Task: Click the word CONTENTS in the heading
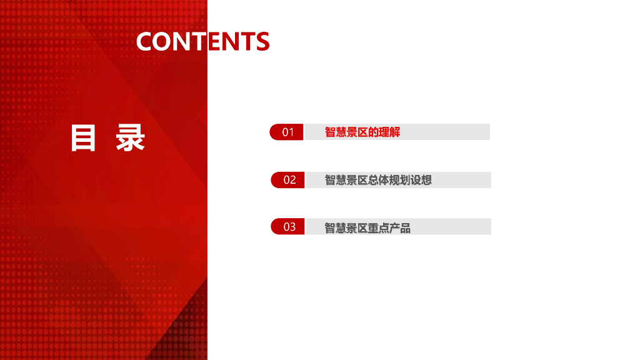point(203,41)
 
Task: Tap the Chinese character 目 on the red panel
point(83,138)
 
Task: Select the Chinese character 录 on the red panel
point(130,138)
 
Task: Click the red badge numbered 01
point(286,132)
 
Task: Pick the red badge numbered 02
point(287,180)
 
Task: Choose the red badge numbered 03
point(287,226)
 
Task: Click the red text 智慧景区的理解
point(362,132)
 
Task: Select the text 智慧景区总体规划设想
point(378,180)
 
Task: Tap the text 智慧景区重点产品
point(367,228)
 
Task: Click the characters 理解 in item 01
point(389,132)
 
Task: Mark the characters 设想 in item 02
point(421,180)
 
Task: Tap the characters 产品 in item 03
point(400,228)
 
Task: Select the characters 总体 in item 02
point(378,180)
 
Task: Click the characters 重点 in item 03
point(378,228)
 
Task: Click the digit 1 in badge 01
point(291,132)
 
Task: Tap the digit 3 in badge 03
point(292,227)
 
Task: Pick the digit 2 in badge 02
point(292,180)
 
